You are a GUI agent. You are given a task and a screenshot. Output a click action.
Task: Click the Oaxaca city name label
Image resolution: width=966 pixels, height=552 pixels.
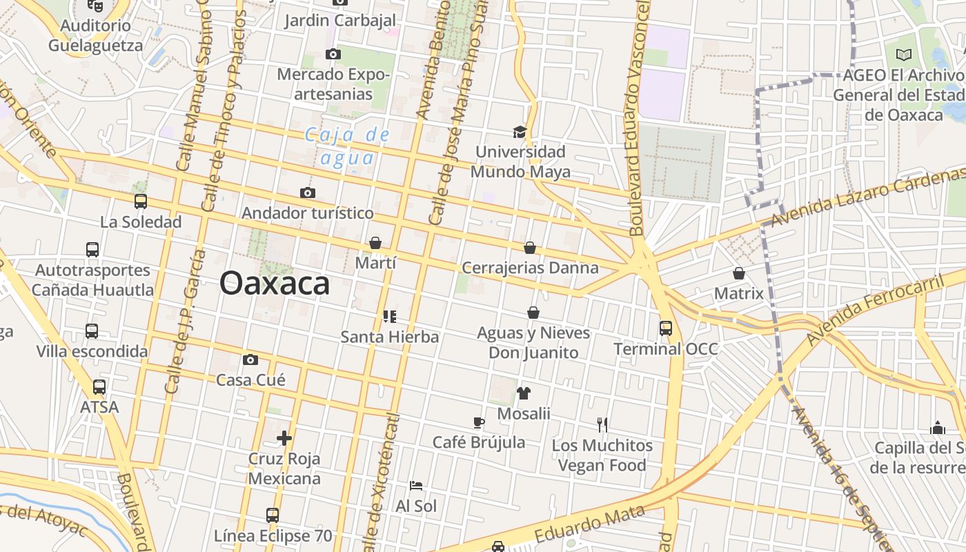pos(275,283)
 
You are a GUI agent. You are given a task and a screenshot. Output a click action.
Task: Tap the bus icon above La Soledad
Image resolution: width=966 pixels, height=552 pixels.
pos(141,201)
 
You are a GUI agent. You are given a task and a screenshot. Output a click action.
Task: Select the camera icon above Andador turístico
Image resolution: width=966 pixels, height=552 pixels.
pos(308,193)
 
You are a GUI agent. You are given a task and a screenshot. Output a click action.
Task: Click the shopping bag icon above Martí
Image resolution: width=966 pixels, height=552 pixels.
pos(375,243)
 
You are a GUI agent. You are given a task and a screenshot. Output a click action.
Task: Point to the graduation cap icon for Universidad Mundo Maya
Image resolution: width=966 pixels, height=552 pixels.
pos(520,131)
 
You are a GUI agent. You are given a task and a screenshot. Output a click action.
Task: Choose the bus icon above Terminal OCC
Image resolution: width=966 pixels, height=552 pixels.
pos(666,328)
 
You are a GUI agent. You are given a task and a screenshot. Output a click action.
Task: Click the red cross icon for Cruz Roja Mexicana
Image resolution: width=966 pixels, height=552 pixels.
pos(284,438)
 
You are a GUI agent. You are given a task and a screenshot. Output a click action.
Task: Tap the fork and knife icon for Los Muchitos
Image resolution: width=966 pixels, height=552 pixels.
pos(602,425)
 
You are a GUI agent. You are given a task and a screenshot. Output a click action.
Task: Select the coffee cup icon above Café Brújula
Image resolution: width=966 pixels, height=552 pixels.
pos(479,422)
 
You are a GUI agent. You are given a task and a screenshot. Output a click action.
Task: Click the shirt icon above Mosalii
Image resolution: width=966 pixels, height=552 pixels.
pos(524,393)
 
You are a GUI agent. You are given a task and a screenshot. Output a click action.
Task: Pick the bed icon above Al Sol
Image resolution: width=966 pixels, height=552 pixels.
pos(416,486)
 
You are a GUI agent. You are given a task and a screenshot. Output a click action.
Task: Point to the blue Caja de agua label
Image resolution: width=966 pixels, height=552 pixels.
pos(348,146)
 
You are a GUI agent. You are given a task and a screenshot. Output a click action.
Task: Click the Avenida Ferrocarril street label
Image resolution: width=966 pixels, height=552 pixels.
pos(875,310)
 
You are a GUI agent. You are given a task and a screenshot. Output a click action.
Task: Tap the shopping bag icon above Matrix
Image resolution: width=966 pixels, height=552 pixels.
pos(739,273)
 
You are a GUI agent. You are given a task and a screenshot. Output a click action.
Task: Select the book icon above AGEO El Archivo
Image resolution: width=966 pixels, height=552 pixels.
pos(904,55)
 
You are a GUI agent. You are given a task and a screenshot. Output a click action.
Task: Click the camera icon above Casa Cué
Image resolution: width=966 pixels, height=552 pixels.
pos(250,359)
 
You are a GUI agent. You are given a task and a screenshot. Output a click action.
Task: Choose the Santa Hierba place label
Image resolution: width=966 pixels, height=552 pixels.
pos(390,337)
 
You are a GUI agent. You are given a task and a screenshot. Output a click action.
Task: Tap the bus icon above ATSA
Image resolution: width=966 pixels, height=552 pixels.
pos(99,387)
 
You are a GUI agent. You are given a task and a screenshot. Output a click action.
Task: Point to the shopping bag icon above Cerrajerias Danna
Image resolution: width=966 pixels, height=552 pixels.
pos(530,248)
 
